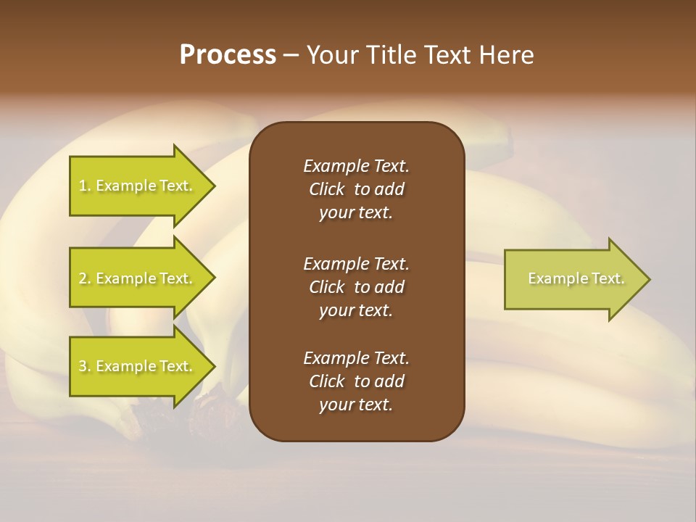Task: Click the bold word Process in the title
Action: tap(228, 55)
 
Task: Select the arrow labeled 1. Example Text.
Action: tap(138, 186)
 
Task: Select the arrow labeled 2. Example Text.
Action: tap(138, 278)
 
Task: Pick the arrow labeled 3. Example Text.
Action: tap(138, 366)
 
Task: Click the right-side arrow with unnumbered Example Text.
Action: tap(573, 279)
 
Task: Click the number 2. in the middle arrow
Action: tap(85, 278)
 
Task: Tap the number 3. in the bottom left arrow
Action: tap(85, 366)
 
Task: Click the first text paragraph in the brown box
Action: tap(356, 189)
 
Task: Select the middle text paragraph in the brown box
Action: tap(356, 287)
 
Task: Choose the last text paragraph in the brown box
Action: tap(356, 381)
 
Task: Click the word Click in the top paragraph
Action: tap(327, 189)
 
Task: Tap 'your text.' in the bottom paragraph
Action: tap(356, 405)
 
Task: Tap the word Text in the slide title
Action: tap(445, 55)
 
